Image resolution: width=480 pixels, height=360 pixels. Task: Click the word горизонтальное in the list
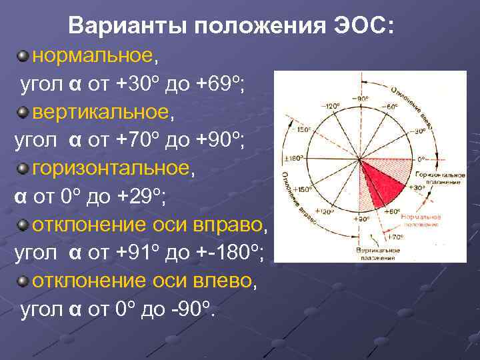click(x=111, y=169)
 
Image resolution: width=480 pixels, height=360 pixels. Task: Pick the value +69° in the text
click(x=223, y=84)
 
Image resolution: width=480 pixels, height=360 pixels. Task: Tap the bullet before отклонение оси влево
click(x=23, y=281)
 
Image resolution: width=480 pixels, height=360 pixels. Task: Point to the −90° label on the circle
click(x=361, y=99)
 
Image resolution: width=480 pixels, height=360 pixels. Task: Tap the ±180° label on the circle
click(x=293, y=159)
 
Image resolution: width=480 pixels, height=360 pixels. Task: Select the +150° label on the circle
click(x=303, y=189)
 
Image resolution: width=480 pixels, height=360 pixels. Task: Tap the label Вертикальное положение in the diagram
click(x=377, y=253)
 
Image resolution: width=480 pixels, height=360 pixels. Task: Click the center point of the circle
click(x=360, y=159)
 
